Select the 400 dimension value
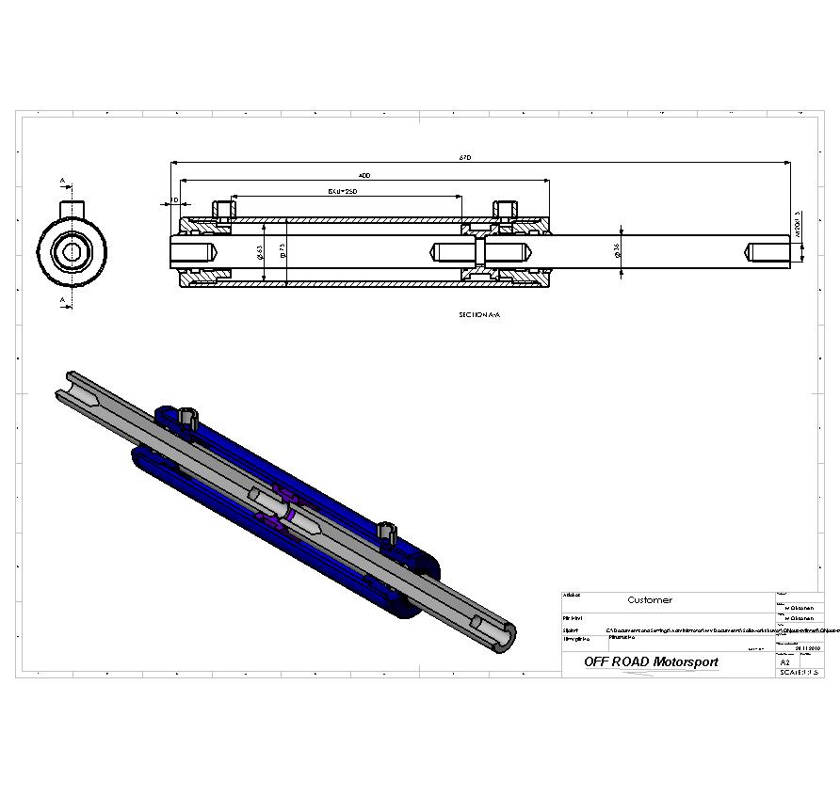pyautogui.click(x=364, y=175)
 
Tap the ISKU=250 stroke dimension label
pyautogui.click(x=343, y=191)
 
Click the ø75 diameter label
pyautogui.click(x=283, y=251)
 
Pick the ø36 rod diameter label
pyautogui.click(x=617, y=250)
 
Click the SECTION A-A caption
pyautogui.click(x=479, y=315)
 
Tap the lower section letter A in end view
pyautogui.click(x=62, y=301)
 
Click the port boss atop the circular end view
pyautogui.click(x=72, y=208)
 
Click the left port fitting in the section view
pyautogui.click(x=222, y=209)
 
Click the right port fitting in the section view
pyautogui.click(x=504, y=209)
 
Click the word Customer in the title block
pyautogui.click(x=650, y=600)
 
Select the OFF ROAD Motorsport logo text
pyautogui.click(x=651, y=662)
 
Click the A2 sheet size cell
pyautogui.click(x=786, y=662)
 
